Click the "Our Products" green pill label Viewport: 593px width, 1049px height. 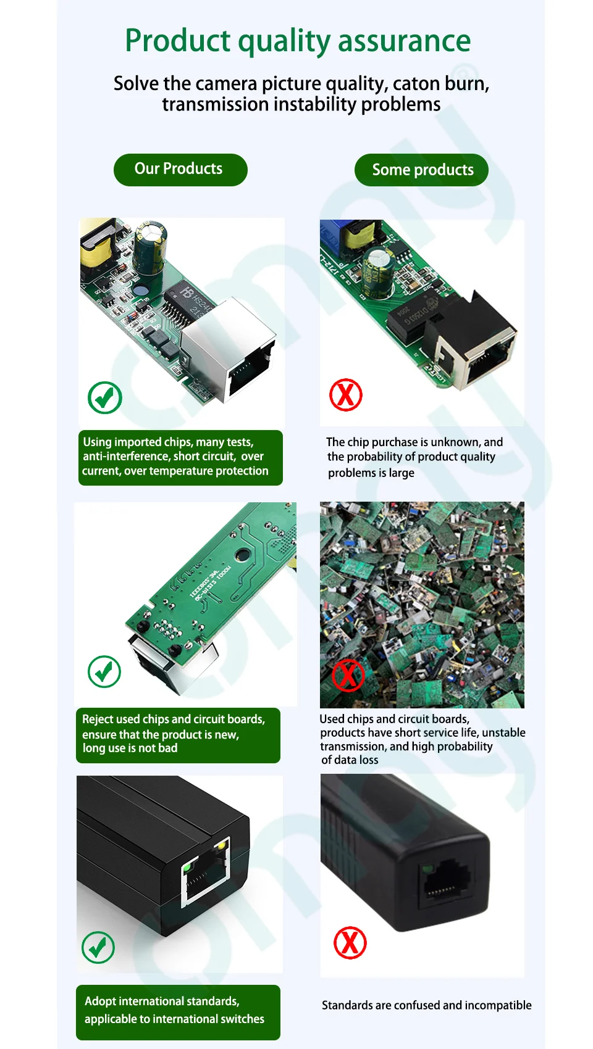point(180,170)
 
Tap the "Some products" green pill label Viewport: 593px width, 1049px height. point(421,170)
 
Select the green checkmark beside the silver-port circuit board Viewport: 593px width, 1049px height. point(104,397)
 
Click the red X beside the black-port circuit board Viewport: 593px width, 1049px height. point(346,394)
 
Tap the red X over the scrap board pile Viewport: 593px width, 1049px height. point(348,675)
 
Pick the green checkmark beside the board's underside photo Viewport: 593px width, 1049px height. point(104,671)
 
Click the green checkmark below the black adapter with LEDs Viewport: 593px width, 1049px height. point(98,947)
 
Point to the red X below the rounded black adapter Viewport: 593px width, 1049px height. point(350,942)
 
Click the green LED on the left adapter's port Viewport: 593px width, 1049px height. point(188,868)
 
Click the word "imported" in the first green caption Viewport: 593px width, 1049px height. point(138,442)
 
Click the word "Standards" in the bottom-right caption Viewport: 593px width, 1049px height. point(345,1005)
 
